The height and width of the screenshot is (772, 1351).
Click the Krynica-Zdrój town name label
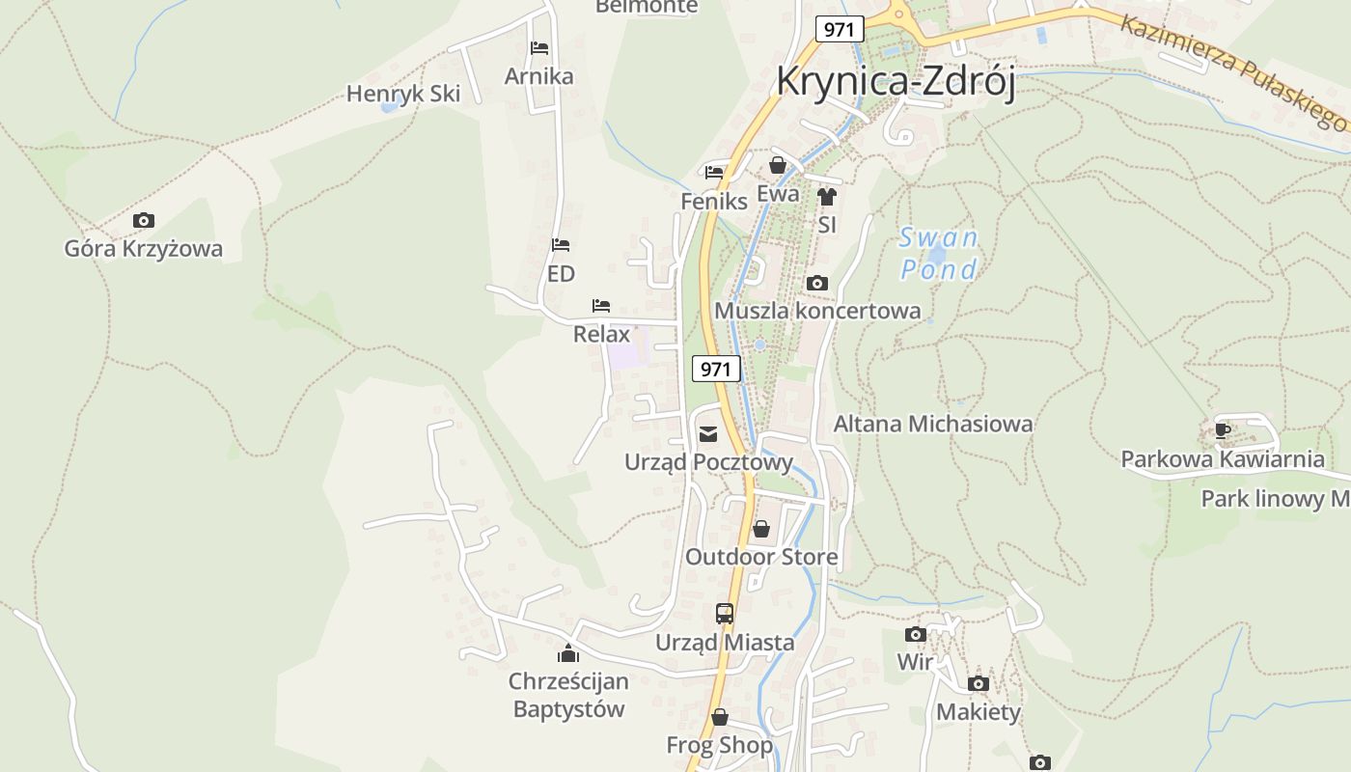896,81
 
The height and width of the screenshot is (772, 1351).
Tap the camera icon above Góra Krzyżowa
143,220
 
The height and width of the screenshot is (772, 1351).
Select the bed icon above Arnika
538,47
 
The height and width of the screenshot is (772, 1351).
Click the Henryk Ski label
403,94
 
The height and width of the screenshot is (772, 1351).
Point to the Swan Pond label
938,253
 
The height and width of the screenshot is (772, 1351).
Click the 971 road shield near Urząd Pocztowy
716,369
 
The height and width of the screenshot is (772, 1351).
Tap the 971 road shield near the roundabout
839,29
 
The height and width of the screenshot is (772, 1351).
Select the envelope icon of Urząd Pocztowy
708,433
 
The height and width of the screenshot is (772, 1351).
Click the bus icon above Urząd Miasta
724,613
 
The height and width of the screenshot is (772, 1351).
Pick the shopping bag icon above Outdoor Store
761,529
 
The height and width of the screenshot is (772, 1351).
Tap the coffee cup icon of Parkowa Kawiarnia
1223,430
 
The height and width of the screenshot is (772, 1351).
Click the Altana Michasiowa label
932,424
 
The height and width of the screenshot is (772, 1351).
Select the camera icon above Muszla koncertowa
816,283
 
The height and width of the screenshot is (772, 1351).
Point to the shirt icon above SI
826,197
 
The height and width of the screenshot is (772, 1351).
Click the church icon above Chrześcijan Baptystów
568,653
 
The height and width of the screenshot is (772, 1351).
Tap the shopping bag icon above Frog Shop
719,717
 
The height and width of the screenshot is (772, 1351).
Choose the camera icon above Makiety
978,683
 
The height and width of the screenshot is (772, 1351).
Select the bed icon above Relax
601,306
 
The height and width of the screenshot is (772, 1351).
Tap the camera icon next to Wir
915,634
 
